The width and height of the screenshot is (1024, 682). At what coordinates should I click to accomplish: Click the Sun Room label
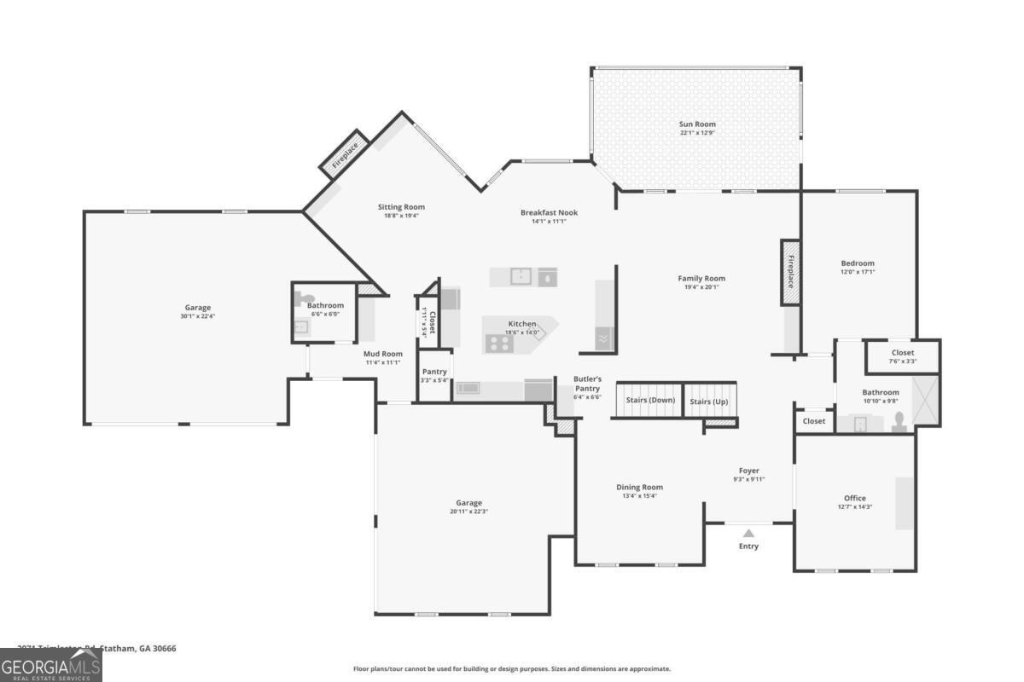click(697, 124)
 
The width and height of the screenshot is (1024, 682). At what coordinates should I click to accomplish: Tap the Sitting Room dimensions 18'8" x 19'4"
click(401, 216)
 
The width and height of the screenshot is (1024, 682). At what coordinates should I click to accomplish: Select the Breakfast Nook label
click(549, 212)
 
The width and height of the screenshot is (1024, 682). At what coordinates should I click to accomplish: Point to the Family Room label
click(701, 278)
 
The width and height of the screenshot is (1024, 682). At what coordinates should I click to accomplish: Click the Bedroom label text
click(858, 263)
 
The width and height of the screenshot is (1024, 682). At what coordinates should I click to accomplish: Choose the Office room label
click(854, 498)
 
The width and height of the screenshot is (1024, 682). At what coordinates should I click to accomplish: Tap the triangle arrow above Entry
click(748, 533)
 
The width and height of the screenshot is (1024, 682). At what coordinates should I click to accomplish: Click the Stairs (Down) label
click(650, 400)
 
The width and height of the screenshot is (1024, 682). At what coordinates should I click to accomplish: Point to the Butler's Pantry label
click(587, 383)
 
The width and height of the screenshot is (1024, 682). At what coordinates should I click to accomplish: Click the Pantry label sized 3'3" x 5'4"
click(434, 372)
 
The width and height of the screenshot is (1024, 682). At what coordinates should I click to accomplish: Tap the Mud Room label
click(381, 354)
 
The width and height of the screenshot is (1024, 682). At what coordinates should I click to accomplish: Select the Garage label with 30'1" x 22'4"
click(198, 308)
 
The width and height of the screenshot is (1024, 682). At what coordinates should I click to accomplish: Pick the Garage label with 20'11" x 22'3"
click(468, 503)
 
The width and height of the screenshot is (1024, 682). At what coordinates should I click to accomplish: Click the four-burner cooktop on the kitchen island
click(498, 343)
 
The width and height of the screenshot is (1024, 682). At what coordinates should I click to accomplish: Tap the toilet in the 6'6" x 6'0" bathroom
click(299, 298)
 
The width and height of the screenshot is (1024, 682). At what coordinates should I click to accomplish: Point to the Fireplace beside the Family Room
click(790, 271)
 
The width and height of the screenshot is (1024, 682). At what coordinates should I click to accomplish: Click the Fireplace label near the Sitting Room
click(345, 153)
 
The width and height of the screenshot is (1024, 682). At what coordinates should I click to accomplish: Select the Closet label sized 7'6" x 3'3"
click(902, 352)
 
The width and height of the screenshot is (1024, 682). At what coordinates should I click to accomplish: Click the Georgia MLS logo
click(50, 665)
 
